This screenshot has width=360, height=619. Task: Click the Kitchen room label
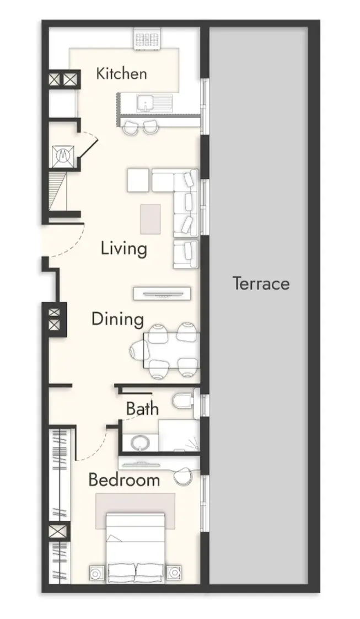coord(121,74)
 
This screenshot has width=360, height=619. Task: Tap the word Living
coord(124,249)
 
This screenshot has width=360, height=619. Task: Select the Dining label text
coord(117,319)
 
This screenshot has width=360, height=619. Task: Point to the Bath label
coord(142,409)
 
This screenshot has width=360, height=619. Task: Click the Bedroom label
coord(124,479)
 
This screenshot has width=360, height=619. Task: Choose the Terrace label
coord(261,284)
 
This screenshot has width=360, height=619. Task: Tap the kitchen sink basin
coord(146,103)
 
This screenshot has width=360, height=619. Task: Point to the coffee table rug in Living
coord(151,219)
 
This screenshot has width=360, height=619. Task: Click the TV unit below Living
coord(162,294)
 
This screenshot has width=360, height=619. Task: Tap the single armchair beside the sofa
coord(186,254)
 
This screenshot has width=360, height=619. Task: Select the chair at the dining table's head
coord(139,349)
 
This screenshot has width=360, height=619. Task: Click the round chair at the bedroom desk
coord(183,477)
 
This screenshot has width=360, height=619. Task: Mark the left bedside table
coord(95,573)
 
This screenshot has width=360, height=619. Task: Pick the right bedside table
coord(174,573)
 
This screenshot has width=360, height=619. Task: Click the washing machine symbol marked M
coord(63,156)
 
